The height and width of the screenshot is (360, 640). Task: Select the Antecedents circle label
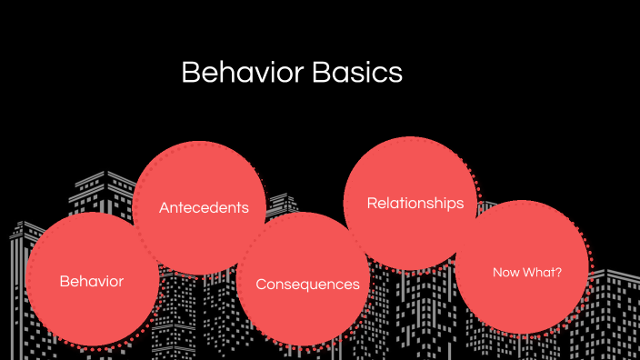pos(204,207)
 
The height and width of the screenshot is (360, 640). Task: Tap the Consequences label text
pos(307,285)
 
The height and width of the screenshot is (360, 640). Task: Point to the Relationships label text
pos(415,203)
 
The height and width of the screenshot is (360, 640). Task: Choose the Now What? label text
pos(527,272)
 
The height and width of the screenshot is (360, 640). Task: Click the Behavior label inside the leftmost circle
pos(91,281)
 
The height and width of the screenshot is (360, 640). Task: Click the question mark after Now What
pos(559,272)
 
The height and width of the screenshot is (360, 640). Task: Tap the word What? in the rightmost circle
pos(543,272)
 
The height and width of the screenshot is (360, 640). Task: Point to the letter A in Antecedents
pos(164,207)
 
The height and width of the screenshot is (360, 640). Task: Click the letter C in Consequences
pos(261,285)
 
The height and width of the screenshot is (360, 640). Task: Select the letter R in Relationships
pos(371,203)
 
